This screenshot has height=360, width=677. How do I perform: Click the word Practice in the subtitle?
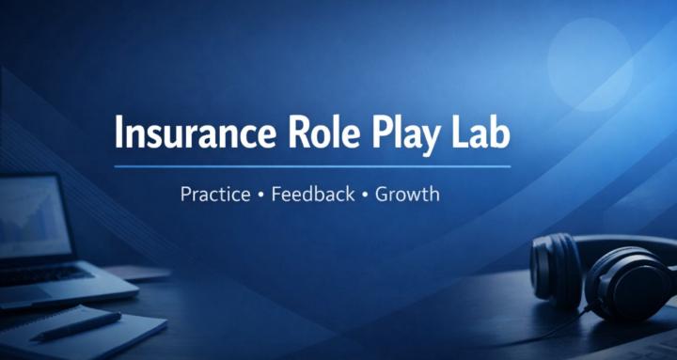click(x=215, y=196)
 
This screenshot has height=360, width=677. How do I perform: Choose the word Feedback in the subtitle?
click(x=313, y=196)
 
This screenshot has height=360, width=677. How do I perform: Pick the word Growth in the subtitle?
click(x=408, y=196)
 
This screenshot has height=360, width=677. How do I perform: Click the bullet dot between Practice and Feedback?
click(x=260, y=196)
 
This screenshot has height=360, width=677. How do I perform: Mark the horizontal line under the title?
click(x=312, y=166)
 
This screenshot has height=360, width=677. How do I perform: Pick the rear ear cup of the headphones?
click(x=555, y=267)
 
